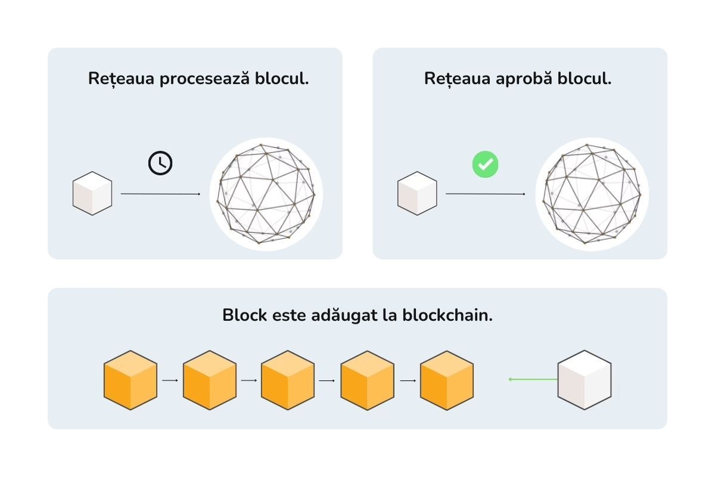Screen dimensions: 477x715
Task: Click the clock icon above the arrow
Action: click(160, 163)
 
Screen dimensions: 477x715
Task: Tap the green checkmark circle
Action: click(485, 164)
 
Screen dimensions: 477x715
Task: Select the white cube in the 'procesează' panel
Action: click(92, 193)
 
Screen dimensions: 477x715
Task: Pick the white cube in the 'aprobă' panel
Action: click(417, 193)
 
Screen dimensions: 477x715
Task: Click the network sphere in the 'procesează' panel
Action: click(266, 194)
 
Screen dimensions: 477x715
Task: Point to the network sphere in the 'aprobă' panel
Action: click(591, 194)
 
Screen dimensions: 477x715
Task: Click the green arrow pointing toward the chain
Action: click(533, 379)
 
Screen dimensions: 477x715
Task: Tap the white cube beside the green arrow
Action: click(585, 380)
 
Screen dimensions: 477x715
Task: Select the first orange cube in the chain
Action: click(130, 380)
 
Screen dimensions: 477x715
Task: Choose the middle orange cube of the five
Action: click(288, 380)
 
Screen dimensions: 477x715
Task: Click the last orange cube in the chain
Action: click(447, 380)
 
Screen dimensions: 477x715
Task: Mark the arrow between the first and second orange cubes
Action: click(170, 380)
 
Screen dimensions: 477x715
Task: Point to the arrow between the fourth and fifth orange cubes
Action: click(408, 380)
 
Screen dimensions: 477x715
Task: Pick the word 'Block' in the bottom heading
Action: click(244, 315)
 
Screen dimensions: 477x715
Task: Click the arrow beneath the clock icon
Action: click(161, 194)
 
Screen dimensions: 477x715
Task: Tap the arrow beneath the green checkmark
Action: click(486, 194)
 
